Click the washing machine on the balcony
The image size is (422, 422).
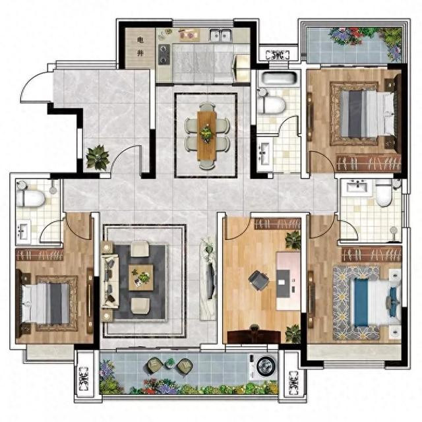pyautogui.click(x=264, y=367)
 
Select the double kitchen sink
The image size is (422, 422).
pyautogui.click(x=221, y=35)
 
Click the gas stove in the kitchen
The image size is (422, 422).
pyautogui.click(x=164, y=55)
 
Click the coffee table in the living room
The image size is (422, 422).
pyautogui.click(x=140, y=278)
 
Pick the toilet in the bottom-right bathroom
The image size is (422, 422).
pyautogui.click(x=384, y=193)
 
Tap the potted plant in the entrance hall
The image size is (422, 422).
pyautogui.click(x=98, y=158)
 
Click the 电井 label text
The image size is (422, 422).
pyautogui.click(x=140, y=47)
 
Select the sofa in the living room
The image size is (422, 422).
pyautogui.click(x=110, y=281)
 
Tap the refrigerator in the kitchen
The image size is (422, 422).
pyautogui.click(x=241, y=68)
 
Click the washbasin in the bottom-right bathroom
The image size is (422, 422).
pyautogui.click(x=357, y=186)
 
